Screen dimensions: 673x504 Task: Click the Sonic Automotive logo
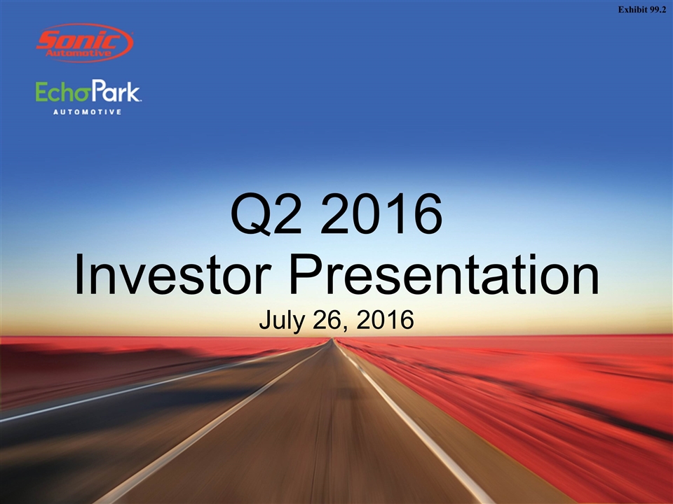(85, 43)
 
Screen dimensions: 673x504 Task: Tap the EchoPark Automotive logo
(88, 97)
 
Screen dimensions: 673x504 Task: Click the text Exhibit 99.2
(642, 10)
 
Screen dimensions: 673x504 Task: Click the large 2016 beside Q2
(381, 213)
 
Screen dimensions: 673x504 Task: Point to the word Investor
(173, 274)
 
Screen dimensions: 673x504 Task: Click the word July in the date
(282, 321)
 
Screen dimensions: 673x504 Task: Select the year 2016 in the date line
(385, 320)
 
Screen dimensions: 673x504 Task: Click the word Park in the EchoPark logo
(115, 90)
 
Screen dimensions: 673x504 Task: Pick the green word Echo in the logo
(62, 92)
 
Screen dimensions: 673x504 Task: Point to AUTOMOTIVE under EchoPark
(88, 112)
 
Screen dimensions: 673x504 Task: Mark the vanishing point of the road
(330, 339)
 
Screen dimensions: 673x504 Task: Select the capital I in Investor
(79, 274)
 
